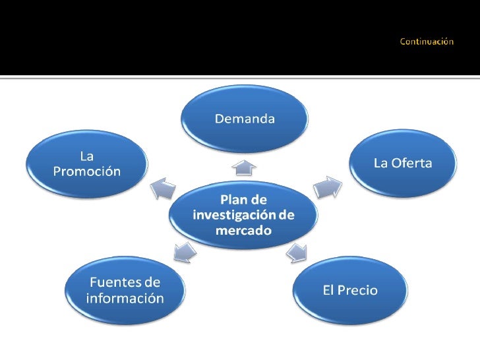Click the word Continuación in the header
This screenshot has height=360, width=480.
pyautogui.click(x=427, y=42)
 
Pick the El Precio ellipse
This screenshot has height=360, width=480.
pyautogui.click(x=349, y=290)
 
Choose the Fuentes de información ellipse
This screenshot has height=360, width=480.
pyautogui.click(x=125, y=290)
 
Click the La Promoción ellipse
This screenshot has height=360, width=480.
pyautogui.click(x=86, y=164)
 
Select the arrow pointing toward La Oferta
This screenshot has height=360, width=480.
pyautogui.click(x=327, y=187)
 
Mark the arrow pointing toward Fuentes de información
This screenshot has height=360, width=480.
pyautogui.click(x=184, y=251)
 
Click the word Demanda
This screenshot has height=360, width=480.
pyautogui.click(x=244, y=119)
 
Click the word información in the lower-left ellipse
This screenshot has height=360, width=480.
pyautogui.click(x=125, y=298)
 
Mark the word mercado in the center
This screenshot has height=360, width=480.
pyautogui.click(x=244, y=231)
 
